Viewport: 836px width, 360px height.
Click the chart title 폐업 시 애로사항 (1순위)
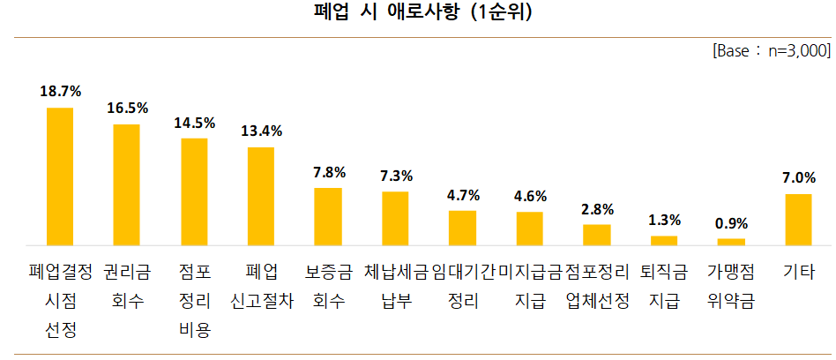pyautogui.click(x=417, y=13)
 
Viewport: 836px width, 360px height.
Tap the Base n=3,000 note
pyautogui.click(x=771, y=51)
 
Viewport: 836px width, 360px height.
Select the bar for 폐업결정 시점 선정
pyautogui.click(x=60, y=176)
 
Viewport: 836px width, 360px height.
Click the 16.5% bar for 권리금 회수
pyautogui.click(x=127, y=184)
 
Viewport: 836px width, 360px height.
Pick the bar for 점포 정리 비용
pyautogui.click(x=194, y=191)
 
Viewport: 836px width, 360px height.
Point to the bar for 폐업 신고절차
pyautogui.click(x=261, y=196)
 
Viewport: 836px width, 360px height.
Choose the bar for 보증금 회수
pyautogui.click(x=328, y=216)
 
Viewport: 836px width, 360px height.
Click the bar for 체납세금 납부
pyautogui.click(x=395, y=218)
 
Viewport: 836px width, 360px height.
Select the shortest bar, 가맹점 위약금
pyautogui.click(x=731, y=242)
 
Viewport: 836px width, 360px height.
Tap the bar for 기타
pyautogui.click(x=798, y=219)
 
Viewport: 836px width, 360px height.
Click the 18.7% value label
pyautogui.click(x=60, y=91)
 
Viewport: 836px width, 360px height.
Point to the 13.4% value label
pyautogui.click(x=261, y=131)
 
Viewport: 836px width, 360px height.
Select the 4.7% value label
pyautogui.click(x=463, y=195)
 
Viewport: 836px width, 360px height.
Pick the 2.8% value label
pyautogui.click(x=597, y=209)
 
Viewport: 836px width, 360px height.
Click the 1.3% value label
pyautogui.click(x=664, y=220)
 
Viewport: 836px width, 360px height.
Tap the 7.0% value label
pyautogui.click(x=798, y=177)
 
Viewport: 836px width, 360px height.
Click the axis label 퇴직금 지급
pyautogui.click(x=664, y=285)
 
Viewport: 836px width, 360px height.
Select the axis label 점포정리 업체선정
pyautogui.click(x=597, y=285)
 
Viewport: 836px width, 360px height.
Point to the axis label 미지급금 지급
pyautogui.click(x=530, y=285)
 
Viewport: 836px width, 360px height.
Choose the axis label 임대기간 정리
pyautogui.click(x=463, y=285)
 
